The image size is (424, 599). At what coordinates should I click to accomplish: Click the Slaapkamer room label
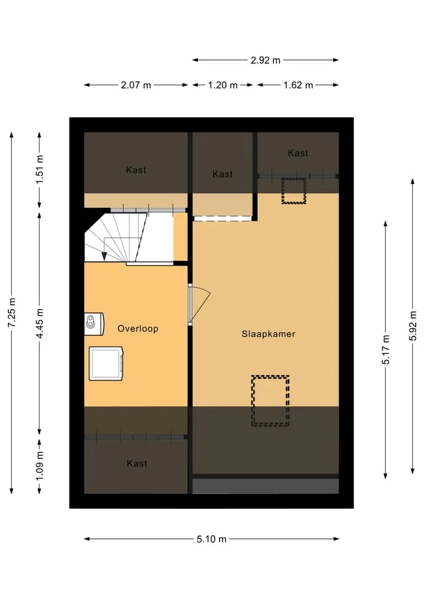268,334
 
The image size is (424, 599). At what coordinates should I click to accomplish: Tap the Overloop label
138,329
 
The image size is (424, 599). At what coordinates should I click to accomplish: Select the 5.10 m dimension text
211,539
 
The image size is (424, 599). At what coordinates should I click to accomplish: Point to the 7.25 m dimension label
12,312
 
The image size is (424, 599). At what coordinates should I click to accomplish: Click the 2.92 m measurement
266,60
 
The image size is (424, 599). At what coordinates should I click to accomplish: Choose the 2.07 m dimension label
136,85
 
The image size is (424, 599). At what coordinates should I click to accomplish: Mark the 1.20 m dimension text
223,85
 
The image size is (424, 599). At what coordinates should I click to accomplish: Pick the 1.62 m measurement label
298,85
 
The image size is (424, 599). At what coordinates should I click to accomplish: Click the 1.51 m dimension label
39,169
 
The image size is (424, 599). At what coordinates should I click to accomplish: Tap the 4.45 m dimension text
39,323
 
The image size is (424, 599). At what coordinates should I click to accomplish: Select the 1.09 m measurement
39,466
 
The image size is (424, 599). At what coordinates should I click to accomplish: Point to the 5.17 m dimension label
386,349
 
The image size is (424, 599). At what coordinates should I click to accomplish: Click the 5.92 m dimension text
413,326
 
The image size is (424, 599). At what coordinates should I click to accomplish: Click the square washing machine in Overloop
106,363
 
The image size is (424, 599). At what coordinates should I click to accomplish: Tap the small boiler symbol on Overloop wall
94,325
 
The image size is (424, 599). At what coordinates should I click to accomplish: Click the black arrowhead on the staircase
104,256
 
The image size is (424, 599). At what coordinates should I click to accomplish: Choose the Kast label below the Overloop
137,464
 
